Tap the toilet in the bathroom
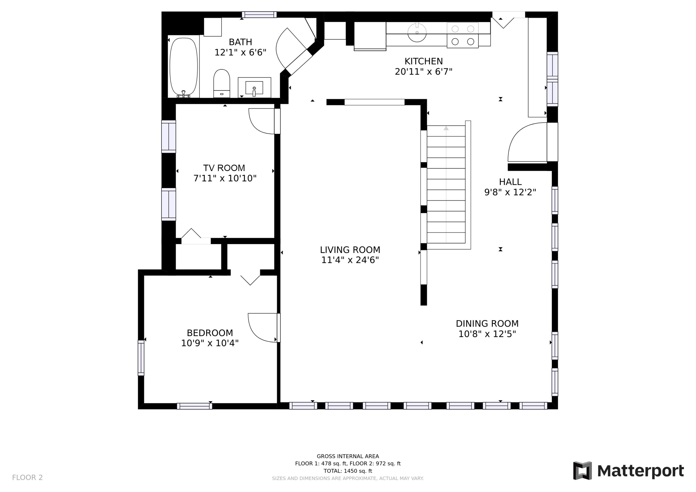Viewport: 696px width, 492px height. click(x=222, y=83)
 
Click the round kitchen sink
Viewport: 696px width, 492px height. click(x=417, y=32)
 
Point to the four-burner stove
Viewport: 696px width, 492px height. click(x=463, y=35)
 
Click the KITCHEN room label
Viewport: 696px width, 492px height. click(x=423, y=61)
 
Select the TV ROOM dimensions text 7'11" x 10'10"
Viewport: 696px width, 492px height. click(x=225, y=178)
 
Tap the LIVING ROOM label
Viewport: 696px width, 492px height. click(x=350, y=250)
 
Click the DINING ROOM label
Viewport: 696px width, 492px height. click(x=487, y=323)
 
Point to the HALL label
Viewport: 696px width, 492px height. click(x=510, y=182)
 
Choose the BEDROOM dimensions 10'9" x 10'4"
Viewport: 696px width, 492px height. click(x=210, y=343)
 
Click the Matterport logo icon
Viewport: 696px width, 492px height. click(x=582, y=470)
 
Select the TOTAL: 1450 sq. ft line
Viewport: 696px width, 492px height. click(x=348, y=471)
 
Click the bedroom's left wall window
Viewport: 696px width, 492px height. click(x=141, y=358)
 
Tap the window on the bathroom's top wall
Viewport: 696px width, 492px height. click(x=259, y=15)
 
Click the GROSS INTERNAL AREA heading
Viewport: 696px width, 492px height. click(x=348, y=456)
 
